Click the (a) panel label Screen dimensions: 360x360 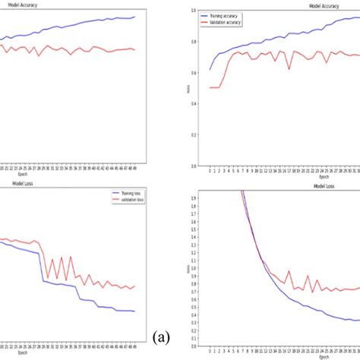[x=161, y=336]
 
